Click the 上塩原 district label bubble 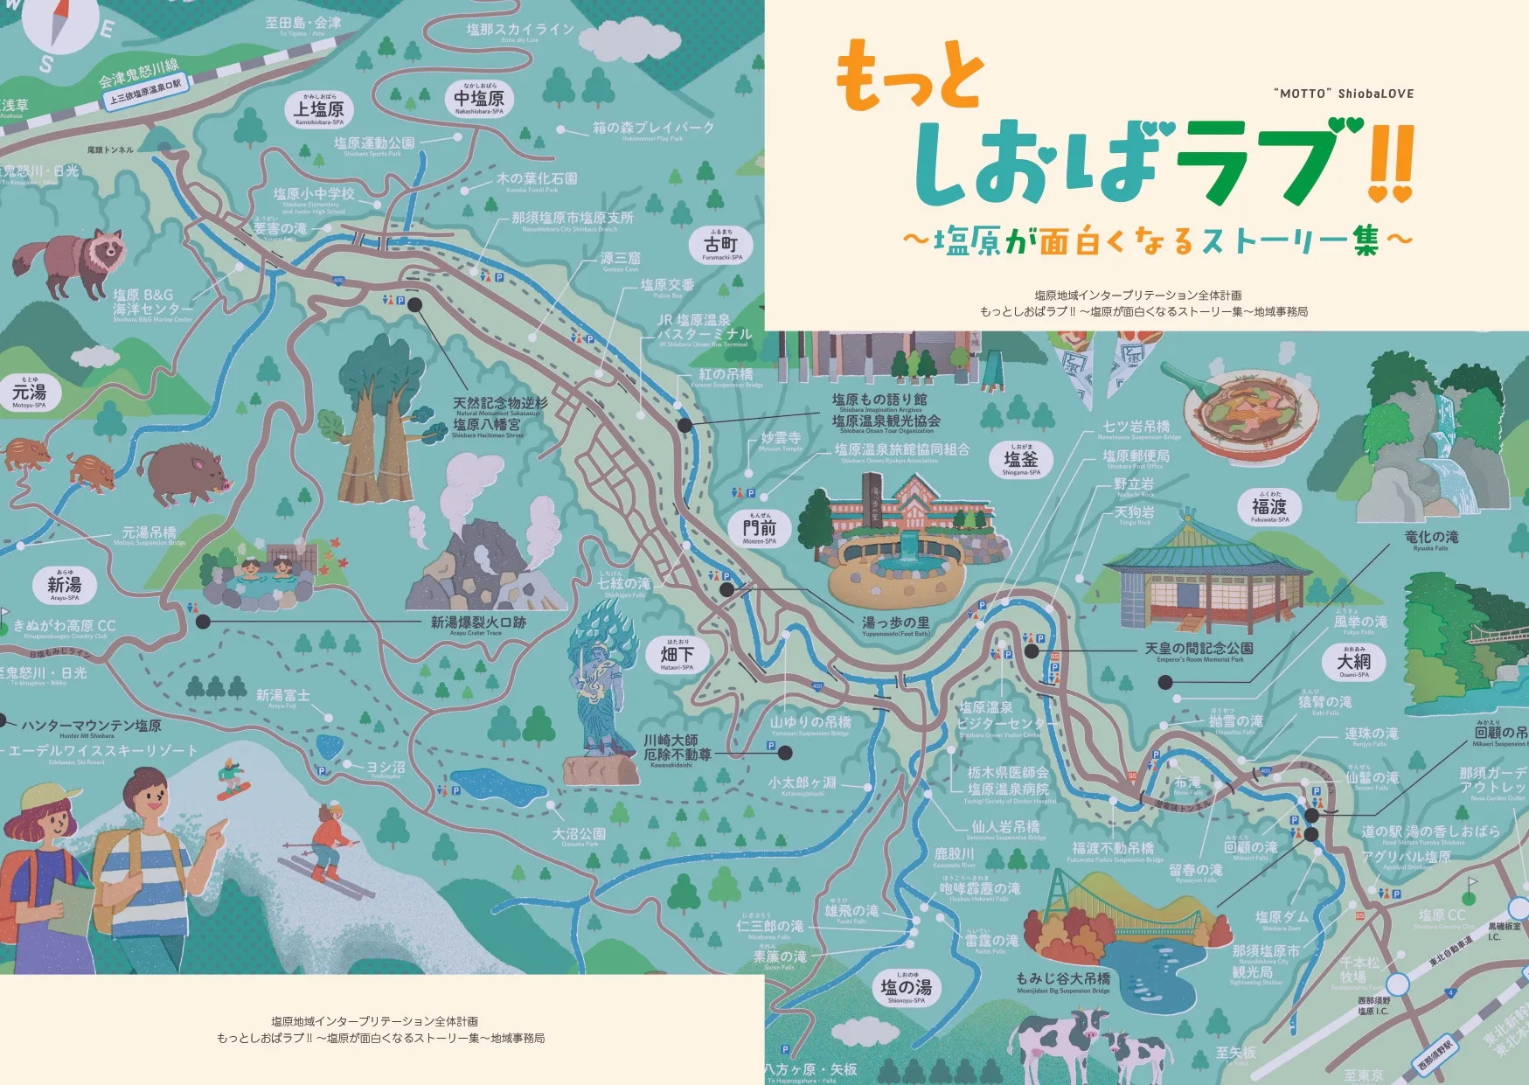318,110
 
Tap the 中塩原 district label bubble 479,99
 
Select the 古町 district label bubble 721,245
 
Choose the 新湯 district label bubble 65,586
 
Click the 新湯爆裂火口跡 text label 478,622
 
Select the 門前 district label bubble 759,528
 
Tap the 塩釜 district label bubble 1020,460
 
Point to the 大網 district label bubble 1353,662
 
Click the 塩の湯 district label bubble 907,988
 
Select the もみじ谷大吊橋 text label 1063,979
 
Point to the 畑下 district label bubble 678,654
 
